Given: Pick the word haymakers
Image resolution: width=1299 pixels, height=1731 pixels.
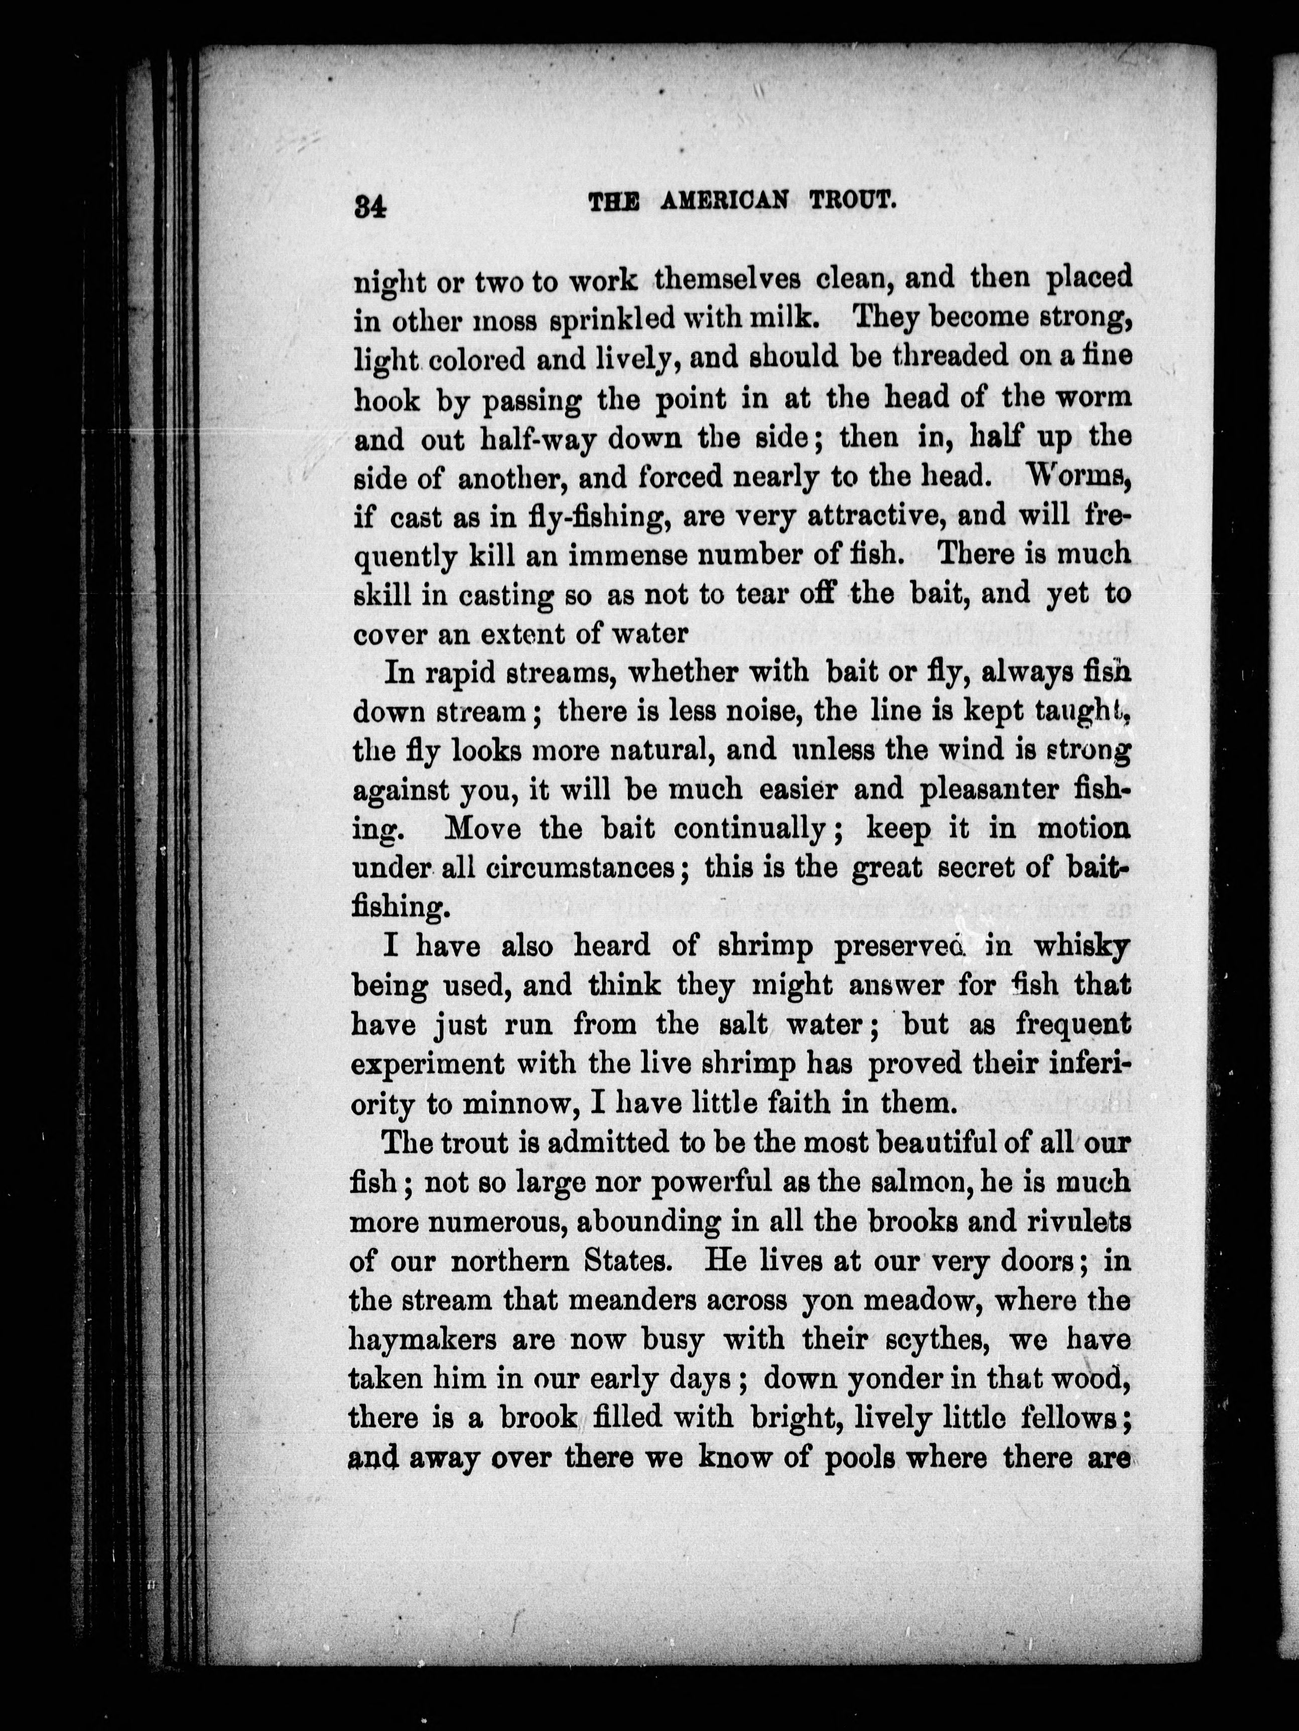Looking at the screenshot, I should click(423, 1340).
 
